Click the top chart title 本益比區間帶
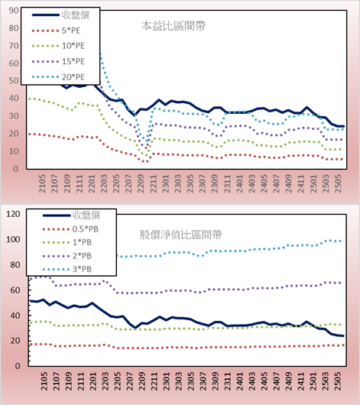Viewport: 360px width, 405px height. coord(174,26)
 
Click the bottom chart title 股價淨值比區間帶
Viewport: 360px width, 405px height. coord(180,235)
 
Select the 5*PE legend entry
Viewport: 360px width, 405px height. coord(56,31)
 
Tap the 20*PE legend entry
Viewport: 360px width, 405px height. coord(58,77)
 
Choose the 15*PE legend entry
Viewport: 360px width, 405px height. coord(58,61)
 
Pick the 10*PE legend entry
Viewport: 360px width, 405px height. coord(58,46)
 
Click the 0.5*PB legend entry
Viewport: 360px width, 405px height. coord(70,229)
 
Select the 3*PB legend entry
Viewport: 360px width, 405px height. coord(67,269)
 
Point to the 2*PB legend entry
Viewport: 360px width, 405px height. coord(67,256)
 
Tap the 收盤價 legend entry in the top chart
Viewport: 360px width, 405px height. coord(60,15)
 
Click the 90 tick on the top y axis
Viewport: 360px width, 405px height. coord(14,11)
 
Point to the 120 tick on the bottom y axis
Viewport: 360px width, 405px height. coord(13,214)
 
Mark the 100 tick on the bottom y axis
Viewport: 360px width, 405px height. coord(13,239)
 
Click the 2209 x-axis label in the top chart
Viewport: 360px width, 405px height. coord(141,183)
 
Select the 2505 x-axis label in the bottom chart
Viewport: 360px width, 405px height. coord(338,381)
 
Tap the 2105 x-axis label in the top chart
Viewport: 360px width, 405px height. coord(42,183)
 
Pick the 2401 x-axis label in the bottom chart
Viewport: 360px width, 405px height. coord(239,381)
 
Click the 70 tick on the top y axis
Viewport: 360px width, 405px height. coord(14,46)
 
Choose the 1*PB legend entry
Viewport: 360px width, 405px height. coord(67,242)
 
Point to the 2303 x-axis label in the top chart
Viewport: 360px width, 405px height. coord(178,183)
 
